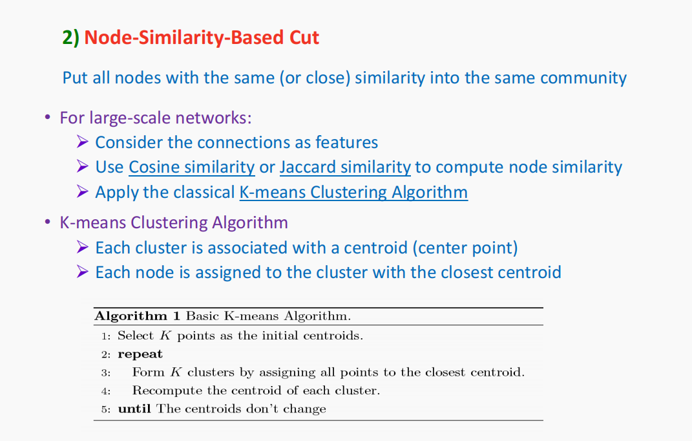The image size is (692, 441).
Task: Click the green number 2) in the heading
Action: pyautogui.click(x=70, y=38)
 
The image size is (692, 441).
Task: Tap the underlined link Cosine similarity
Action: pyautogui.click(x=191, y=167)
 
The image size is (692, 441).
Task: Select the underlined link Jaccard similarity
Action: pyautogui.click(x=345, y=167)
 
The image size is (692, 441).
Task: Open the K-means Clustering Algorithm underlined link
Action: pyautogui.click(x=353, y=192)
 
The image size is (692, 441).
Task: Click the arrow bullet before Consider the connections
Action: pyautogui.click(x=82, y=142)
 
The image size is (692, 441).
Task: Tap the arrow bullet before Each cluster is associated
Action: pyautogui.click(x=82, y=247)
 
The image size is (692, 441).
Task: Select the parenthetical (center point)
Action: pyautogui.click(x=465, y=248)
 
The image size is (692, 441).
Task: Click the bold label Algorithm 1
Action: pyautogui.click(x=137, y=316)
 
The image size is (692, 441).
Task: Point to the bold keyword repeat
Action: pyautogui.click(x=140, y=354)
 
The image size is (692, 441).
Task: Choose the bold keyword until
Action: pyautogui.click(x=136, y=409)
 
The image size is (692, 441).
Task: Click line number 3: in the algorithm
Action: pyautogui.click(x=106, y=372)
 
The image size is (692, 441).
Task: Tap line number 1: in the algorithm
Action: pyautogui.click(x=106, y=336)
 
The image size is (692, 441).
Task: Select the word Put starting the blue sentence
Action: pyautogui.click(x=74, y=78)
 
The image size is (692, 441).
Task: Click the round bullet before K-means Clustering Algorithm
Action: pyautogui.click(x=47, y=222)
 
